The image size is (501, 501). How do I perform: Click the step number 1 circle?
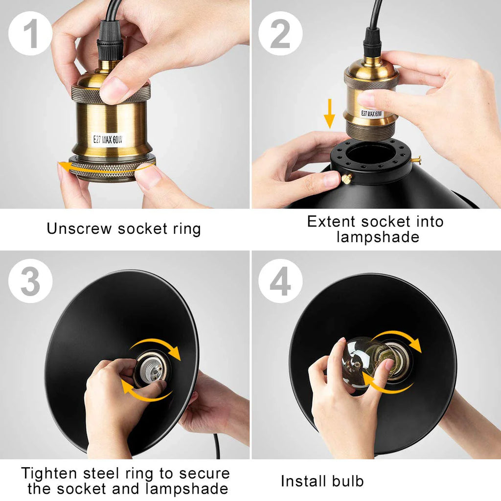(x=30, y=33)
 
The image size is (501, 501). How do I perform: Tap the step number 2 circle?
(x=280, y=33)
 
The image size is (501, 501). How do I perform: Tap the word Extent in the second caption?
(x=331, y=221)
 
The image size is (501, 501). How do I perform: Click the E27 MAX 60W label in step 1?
(x=108, y=139)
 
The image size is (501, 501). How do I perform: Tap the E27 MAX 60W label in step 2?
(x=371, y=114)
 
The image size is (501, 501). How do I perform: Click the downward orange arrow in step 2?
(x=329, y=114)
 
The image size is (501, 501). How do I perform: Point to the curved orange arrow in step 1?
(x=106, y=169)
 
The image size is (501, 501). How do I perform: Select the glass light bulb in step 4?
(x=367, y=362)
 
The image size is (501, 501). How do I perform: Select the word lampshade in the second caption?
(x=378, y=237)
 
